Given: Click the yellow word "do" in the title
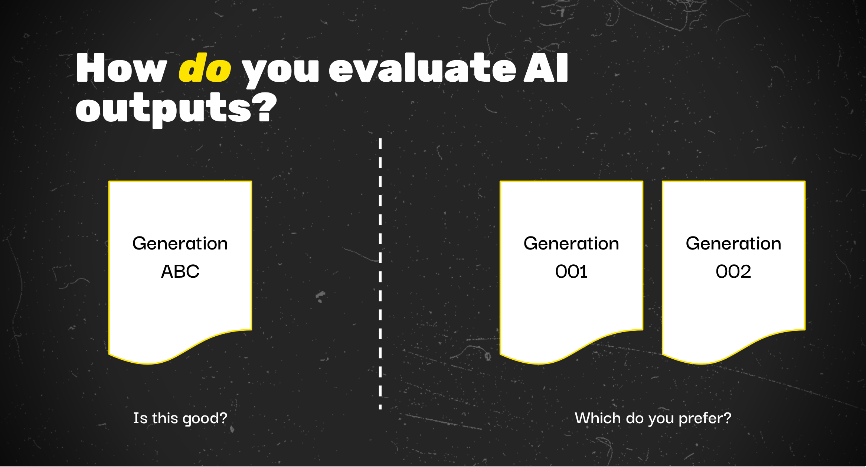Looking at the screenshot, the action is coord(205,68).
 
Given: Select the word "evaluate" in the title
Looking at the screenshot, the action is coord(422,68).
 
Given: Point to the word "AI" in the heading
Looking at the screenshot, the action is coord(546,68).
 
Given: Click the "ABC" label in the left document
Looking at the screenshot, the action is coord(180,271).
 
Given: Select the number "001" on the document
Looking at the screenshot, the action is coord(571,271).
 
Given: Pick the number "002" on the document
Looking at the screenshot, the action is coord(733,271).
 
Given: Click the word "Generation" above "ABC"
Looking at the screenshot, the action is coord(180,244).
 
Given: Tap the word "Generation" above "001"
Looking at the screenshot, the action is coord(571,244).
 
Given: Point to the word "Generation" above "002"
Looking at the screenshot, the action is coord(733,244).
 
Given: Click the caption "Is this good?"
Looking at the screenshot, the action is coord(180,418).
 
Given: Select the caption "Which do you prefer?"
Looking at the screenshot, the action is coord(653,418).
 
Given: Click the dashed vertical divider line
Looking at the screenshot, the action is coord(380,274).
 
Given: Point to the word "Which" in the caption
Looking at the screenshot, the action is coord(598,418).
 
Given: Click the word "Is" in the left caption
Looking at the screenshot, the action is coord(140,418).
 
